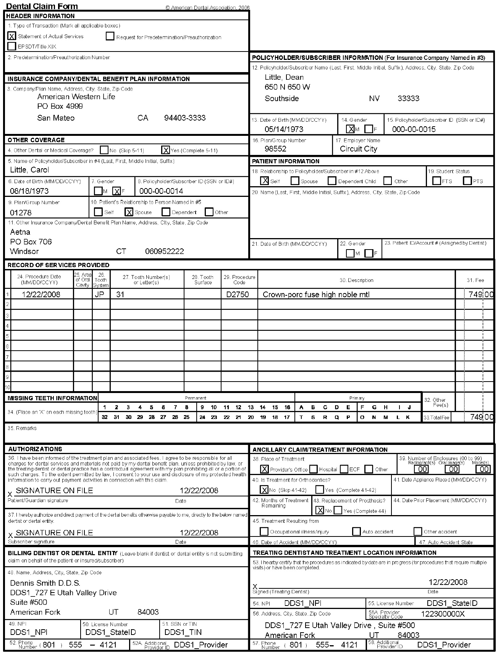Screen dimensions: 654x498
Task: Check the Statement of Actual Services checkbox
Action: pos(12,36)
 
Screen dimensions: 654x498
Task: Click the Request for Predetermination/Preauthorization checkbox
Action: pos(110,37)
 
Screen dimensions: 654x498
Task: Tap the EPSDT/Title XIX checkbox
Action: pos(12,47)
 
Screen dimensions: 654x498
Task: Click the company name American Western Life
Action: pos(76,97)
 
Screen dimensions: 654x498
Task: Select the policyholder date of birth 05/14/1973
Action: pos(284,129)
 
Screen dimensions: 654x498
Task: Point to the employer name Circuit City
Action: pos(358,149)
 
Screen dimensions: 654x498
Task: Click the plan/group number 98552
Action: pos(275,149)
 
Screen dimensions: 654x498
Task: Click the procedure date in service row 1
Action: pos(41,295)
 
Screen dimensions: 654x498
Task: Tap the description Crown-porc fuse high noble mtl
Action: pos(316,295)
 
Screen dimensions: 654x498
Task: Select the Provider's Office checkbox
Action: pos(264,469)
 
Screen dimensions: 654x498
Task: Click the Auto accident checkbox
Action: pos(356,532)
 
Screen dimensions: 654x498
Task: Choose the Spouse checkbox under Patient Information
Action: pos(295,181)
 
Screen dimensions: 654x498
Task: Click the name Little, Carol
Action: pos(29,170)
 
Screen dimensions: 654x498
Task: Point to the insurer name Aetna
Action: pos(20,232)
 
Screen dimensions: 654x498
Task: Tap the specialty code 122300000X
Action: pos(443,614)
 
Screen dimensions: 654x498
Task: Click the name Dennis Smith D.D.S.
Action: pos(45,583)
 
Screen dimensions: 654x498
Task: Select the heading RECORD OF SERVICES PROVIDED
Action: pos(58,265)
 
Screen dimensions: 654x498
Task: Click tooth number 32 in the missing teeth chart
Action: pos(105,417)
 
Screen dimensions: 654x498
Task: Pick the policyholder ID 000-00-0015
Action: pos(414,129)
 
